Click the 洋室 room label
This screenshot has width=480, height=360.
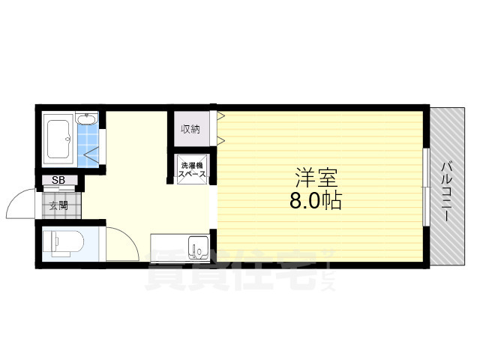click(x=316, y=179)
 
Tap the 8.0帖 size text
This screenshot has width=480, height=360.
click(x=316, y=201)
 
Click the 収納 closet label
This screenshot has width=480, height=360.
click(x=190, y=129)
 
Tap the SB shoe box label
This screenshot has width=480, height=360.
click(x=58, y=180)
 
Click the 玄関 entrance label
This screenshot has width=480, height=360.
click(x=58, y=203)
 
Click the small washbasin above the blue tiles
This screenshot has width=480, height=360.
click(x=88, y=119)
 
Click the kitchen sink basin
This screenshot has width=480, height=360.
click(x=199, y=247)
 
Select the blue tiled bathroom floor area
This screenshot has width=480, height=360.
click(x=88, y=146)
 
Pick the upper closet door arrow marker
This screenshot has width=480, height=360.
click(x=221, y=116)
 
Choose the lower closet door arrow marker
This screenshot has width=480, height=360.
click(x=221, y=140)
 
